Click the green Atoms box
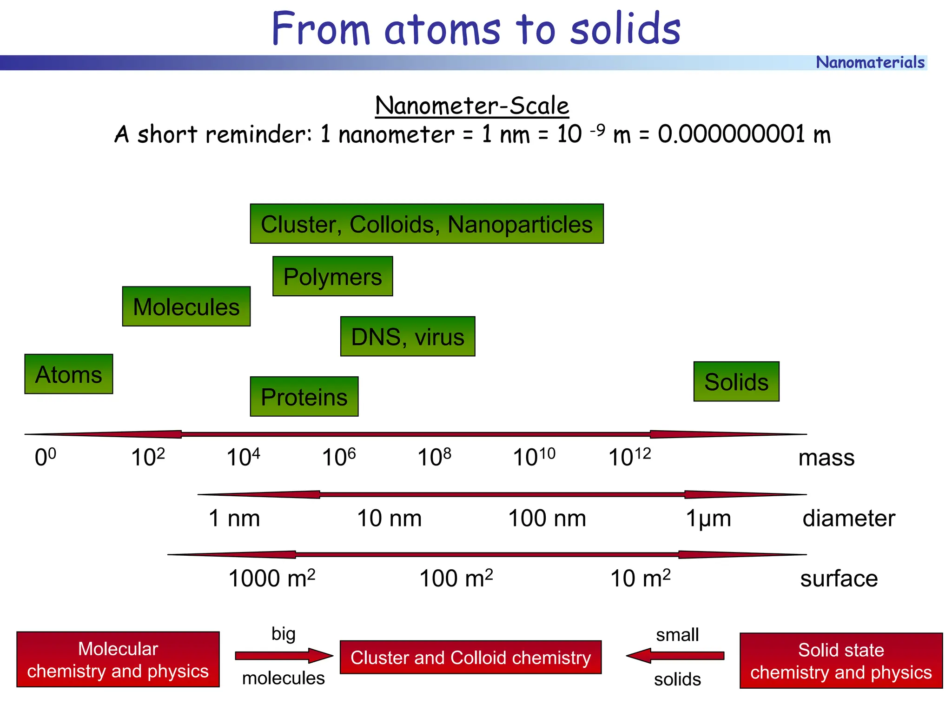[x=68, y=374]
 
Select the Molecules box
[x=186, y=306]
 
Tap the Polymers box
[x=332, y=276]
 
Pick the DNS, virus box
[x=408, y=337]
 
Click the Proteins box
[x=304, y=397]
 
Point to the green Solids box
[x=736, y=381]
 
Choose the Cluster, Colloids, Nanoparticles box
[x=426, y=224]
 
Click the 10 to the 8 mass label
[x=434, y=457]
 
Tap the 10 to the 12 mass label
[x=629, y=457]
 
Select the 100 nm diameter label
[x=547, y=518]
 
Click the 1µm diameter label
[x=708, y=518]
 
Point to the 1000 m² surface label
[x=272, y=578]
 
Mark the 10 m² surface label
[x=640, y=578]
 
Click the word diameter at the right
[x=848, y=518]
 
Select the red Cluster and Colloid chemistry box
[x=470, y=657]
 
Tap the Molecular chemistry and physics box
[x=118, y=659]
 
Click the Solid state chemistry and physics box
[x=841, y=660]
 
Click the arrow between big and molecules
[x=284, y=656]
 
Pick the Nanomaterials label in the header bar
[x=870, y=62]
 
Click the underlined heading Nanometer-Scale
[x=472, y=106]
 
